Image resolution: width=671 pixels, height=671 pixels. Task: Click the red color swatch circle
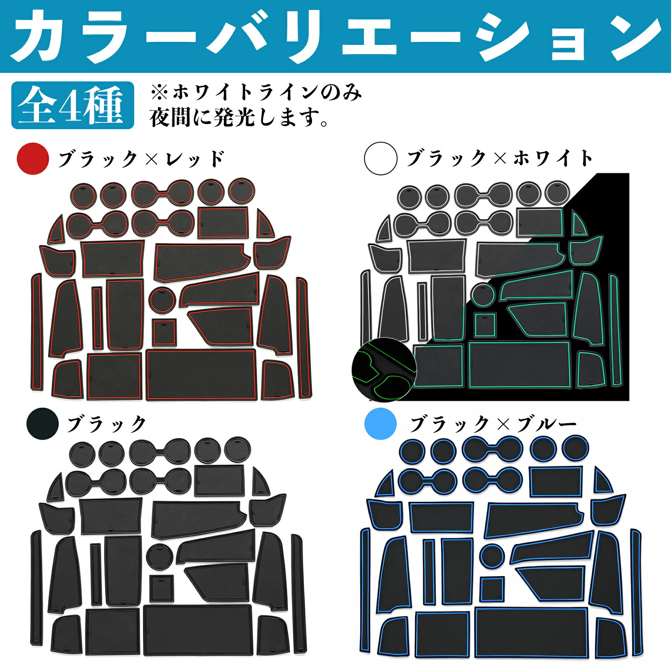point(33,159)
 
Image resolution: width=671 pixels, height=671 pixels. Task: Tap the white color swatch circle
point(381,159)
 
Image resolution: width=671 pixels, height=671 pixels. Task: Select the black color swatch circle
point(42,424)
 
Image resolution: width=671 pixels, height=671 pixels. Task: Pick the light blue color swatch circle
point(381,424)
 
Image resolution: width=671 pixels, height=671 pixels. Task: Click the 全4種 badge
point(73,105)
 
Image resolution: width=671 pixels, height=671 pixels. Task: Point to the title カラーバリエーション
point(335,36)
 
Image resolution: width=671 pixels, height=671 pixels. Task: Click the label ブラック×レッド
point(142,159)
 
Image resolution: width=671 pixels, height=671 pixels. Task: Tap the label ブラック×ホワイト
point(500,159)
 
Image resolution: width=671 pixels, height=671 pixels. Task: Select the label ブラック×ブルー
point(494,424)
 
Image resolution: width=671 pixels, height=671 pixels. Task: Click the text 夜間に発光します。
point(239,118)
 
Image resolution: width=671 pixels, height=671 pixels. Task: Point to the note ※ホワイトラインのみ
point(256,92)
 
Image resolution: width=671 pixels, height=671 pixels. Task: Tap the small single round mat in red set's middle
point(162,299)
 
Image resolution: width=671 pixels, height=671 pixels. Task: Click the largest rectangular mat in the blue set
point(531,638)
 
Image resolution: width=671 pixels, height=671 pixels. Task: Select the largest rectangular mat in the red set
point(201,375)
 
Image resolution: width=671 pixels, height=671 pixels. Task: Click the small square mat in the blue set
point(492,589)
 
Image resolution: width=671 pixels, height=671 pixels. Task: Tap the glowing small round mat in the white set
point(483,295)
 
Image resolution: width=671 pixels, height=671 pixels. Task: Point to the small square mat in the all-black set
point(162,588)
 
